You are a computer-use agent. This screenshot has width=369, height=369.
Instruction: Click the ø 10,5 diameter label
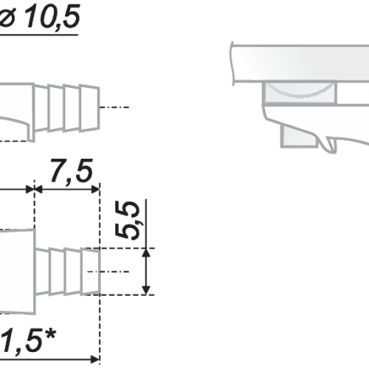click(39, 16)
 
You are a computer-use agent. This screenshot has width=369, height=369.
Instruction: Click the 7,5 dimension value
click(72, 170)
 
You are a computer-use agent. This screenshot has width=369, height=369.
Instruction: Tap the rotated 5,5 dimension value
click(128, 220)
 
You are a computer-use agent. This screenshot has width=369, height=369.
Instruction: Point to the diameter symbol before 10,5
click(7, 17)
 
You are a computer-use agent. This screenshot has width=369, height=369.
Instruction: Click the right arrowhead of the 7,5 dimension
click(95, 190)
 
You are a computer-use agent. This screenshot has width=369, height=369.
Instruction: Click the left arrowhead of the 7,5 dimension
click(39, 190)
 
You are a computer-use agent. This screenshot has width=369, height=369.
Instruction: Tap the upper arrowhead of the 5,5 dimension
click(146, 253)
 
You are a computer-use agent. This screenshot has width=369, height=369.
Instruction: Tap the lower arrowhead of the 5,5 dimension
click(146, 290)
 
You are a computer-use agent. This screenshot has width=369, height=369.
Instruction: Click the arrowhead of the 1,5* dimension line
click(95, 359)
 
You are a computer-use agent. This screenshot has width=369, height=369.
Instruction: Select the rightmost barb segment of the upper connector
click(89, 108)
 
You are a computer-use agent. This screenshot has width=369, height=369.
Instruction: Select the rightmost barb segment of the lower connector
click(91, 272)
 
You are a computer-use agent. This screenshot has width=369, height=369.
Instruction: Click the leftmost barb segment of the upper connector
click(41, 108)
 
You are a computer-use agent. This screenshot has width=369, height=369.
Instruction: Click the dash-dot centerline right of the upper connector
click(114, 107)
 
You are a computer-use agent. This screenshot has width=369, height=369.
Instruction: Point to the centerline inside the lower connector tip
click(108, 272)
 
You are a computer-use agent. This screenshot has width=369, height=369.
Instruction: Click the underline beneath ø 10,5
click(39, 35)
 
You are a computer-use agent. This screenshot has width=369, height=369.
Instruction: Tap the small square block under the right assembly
click(299, 136)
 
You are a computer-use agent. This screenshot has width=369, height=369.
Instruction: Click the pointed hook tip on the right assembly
click(329, 150)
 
